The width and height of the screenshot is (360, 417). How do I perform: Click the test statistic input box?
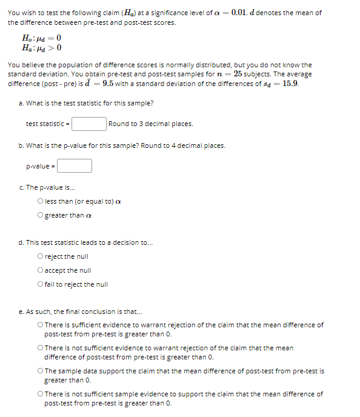click(89, 124)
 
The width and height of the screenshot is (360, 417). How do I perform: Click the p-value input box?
click(75, 165)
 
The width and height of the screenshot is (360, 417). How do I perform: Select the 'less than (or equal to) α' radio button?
click(40, 202)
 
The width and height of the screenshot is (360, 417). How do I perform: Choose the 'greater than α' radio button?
click(40, 215)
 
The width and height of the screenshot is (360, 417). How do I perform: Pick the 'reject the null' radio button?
click(40, 257)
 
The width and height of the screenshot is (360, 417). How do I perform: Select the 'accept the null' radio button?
click(40, 270)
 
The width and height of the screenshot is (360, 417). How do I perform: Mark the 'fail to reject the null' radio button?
click(40, 284)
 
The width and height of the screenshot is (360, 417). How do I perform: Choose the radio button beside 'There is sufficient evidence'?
click(40, 325)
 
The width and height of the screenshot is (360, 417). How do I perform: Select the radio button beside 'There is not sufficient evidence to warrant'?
click(40, 348)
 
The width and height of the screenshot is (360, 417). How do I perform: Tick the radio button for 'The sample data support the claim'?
click(40, 371)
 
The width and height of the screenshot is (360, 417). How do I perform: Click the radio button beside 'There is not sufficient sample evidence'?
click(40, 394)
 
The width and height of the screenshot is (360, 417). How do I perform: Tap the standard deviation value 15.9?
click(290, 83)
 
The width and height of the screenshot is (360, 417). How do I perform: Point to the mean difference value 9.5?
click(110, 83)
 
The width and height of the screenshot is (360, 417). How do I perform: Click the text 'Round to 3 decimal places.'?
click(151, 124)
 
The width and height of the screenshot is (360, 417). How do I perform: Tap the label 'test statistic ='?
click(48, 124)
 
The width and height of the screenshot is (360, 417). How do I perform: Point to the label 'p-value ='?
click(41, 165)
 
